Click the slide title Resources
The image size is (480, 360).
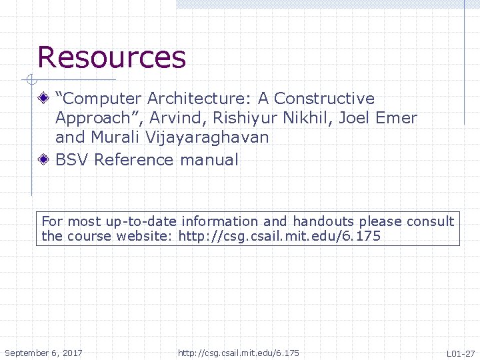coord(111,57)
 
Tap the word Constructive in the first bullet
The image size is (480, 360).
coord(324,99)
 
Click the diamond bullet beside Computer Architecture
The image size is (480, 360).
coord(43,99)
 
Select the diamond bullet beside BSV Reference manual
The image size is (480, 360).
coord(43,159)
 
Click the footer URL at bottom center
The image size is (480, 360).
coord(239,353)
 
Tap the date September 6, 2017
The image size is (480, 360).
coord(43,353)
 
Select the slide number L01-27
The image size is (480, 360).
coord(460,353)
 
